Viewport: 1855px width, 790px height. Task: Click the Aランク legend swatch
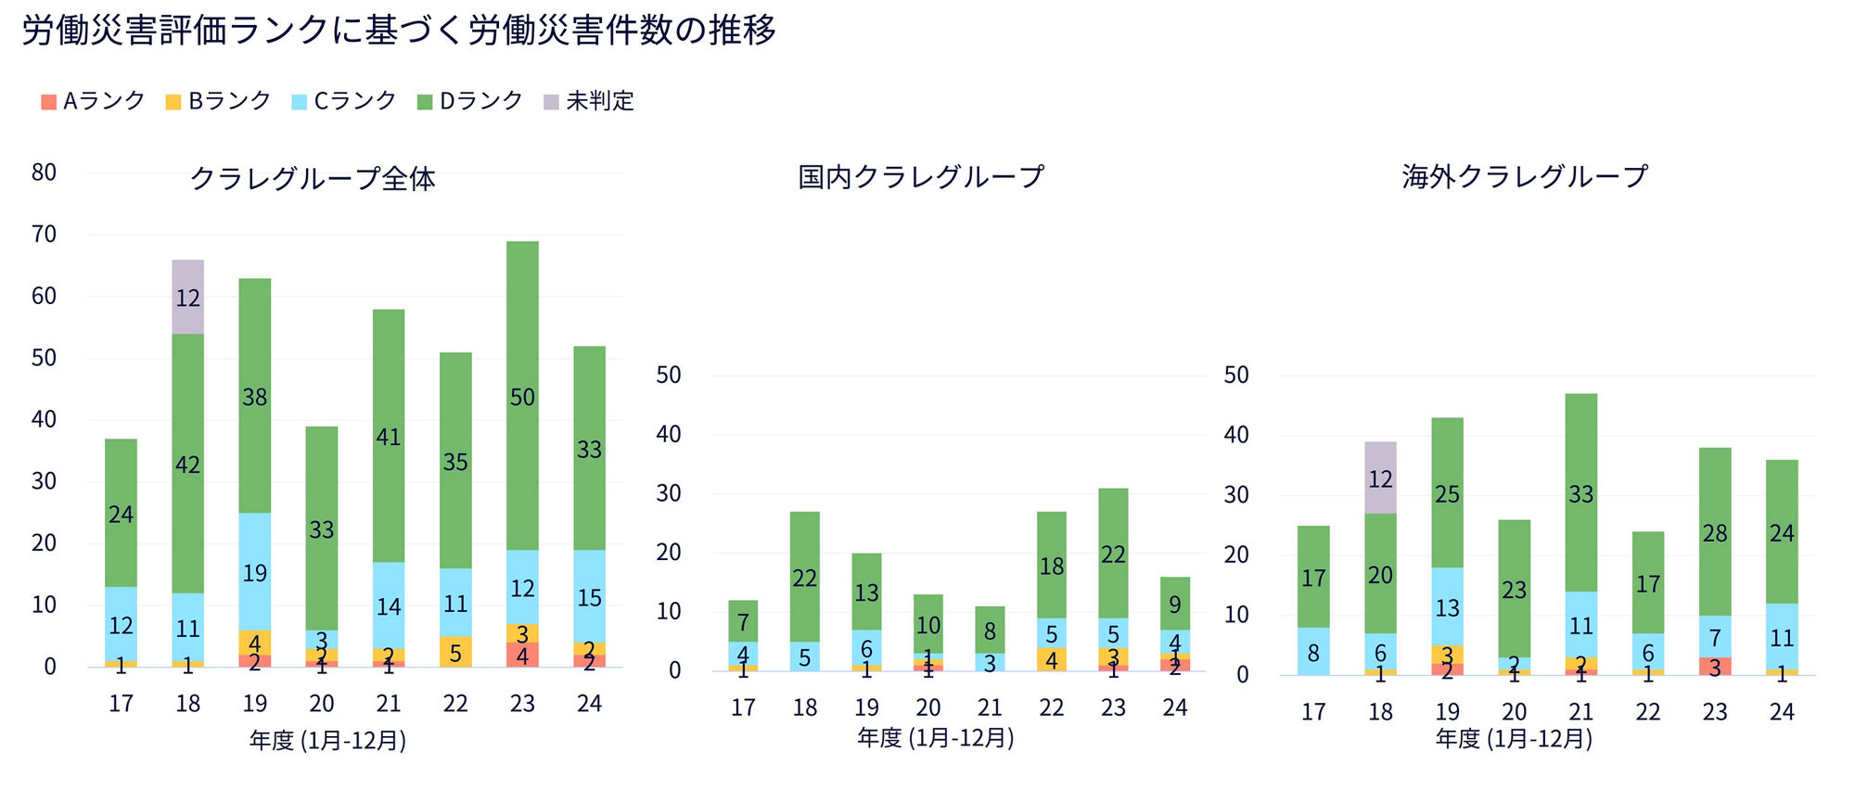click(x=49, y=102)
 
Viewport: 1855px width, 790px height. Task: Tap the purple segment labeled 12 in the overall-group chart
click(x=188, y=298)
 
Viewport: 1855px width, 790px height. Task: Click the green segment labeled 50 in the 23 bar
click(x=522, y=397)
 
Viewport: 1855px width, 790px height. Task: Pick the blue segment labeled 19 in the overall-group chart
click(x=255, y=572)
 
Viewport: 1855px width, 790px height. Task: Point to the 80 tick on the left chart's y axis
click(x=44, y=172)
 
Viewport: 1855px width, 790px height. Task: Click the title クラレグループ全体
click(x=313, y=178)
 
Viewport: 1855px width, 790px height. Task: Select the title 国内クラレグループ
click(x=921, y=176)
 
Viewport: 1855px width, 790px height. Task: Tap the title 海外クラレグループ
click(x=1525, y=176)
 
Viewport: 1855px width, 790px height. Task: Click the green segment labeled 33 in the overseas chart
click(x=1580, y=493)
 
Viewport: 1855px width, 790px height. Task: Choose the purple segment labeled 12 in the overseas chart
click(x=1380, y=478)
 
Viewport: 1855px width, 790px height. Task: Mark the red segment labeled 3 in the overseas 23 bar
click(x=1715, y=667)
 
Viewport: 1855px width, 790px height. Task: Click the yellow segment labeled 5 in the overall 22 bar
click(x=455, y=652)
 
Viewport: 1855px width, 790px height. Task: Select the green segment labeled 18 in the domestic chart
click(x=1051, y=566)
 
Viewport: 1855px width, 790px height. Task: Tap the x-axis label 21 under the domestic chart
click(x=990, y=707)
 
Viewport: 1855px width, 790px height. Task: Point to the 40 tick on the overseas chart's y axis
click(x=1236, y=435)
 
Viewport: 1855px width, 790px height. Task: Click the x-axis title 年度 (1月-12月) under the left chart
click(x=327, y=740)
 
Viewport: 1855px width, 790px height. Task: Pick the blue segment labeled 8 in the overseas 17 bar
click(x=1313, y=652)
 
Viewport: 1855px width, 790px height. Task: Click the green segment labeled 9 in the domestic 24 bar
click(x=1174, y=605)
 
